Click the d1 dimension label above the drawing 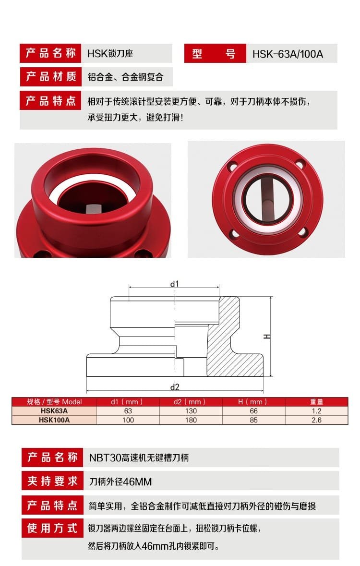coord(174,284)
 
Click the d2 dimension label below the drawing coord(175,387)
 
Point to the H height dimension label coord(267,337)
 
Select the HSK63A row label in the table coord(54,411)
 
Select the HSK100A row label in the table coord(54,420)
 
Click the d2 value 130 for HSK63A coord(191,411)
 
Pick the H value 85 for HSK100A coord(253,420)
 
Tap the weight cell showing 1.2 coord(316,411)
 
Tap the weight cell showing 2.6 coord(316,420)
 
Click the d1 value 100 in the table coord(128,420)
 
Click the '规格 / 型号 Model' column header coord(55,402)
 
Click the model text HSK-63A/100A coord(288,54)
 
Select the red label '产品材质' coord(51,76)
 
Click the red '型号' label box coord(215,53)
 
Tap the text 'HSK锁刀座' coord(110,54)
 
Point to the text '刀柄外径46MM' coord(120,482)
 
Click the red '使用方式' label coord(52,528)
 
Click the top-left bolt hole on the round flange coord(234,167)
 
